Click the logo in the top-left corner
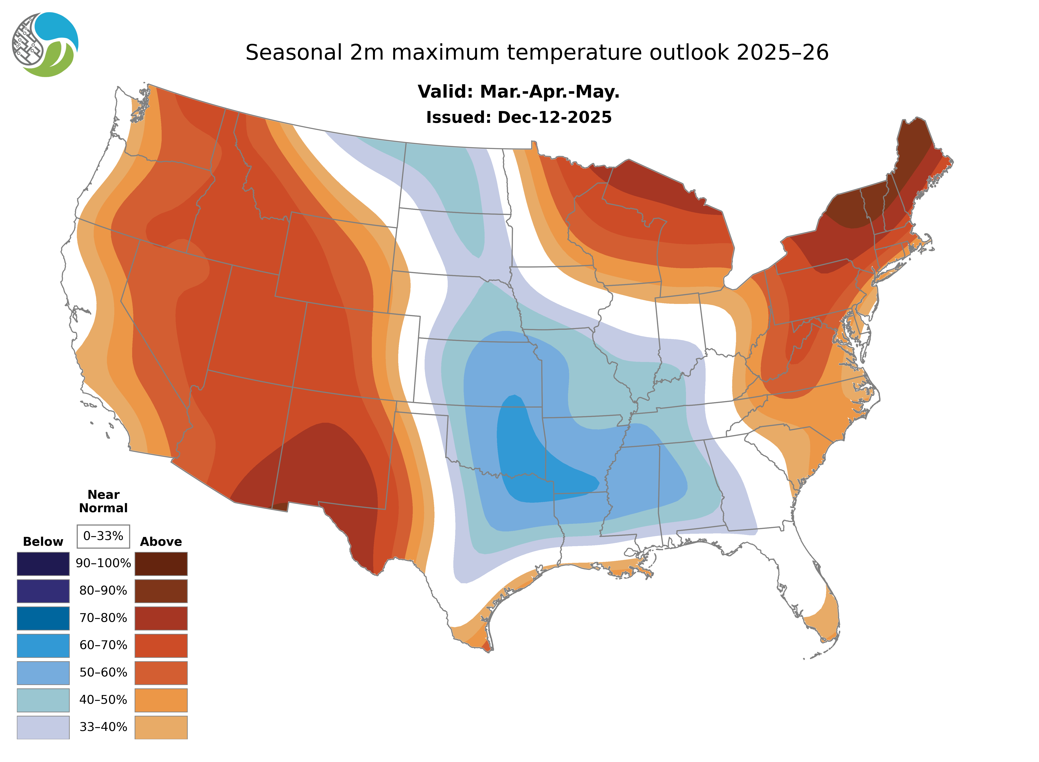click(45, 45)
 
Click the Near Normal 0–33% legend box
click(103, 536)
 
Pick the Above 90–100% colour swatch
click(161, 564)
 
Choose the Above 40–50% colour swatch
click(161, 700)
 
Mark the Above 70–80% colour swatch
click(161, 618)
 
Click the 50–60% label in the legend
click(103, 673)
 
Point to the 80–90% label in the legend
click(103, 591)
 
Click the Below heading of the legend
click(43, 542)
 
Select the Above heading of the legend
click(161, 542)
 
